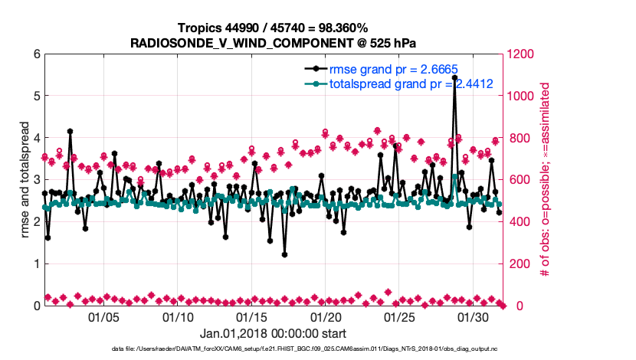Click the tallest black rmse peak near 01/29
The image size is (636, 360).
[x=454, y=77]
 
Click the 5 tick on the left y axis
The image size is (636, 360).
[x=35, y=97]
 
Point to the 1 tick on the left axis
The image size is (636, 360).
[x=35, y=263]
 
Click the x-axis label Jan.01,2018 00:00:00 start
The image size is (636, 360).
[x=273, y=334]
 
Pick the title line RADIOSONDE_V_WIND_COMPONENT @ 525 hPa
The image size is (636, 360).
[x=274, y=41]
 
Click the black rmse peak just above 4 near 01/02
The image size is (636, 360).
[x=70, y=132]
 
